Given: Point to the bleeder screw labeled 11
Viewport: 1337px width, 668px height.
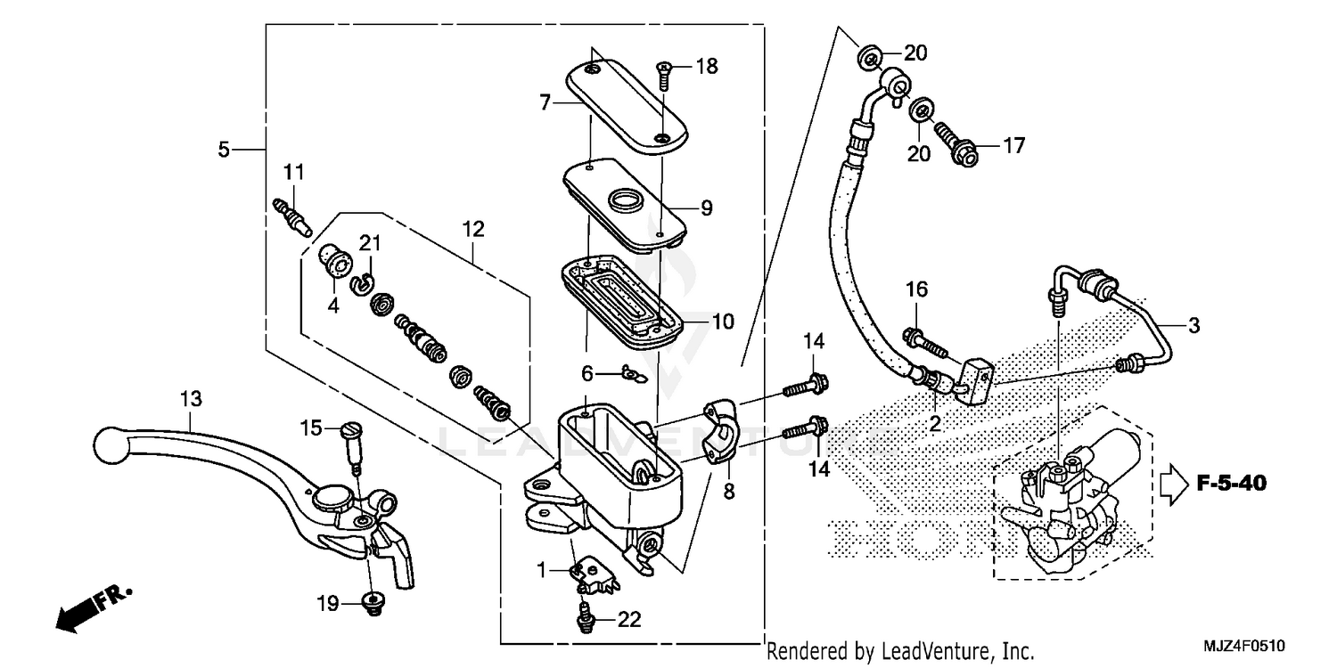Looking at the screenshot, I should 291,215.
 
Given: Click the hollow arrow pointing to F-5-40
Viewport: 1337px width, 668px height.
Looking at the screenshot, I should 1174,484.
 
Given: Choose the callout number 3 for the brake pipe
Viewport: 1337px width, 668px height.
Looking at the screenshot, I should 1193,326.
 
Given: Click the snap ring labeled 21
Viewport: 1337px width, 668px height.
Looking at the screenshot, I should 362,282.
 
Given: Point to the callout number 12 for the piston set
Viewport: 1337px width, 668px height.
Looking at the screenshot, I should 473,229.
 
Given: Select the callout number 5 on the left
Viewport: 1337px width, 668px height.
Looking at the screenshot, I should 224,149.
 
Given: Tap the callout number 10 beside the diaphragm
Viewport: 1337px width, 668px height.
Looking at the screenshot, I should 722,322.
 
